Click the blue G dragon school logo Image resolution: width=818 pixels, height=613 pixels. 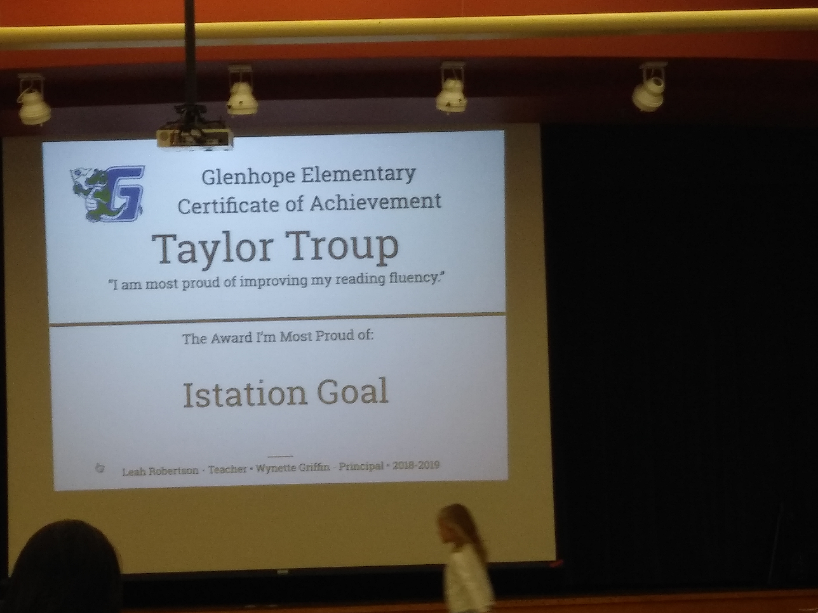(x=107, y=194)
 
